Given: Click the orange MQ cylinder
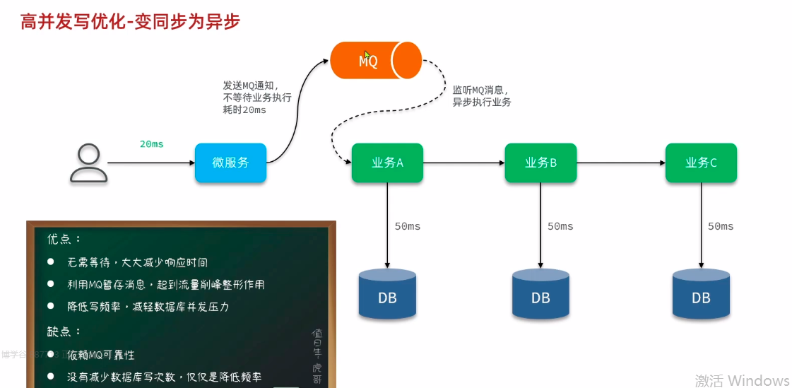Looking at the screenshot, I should click(375, 60).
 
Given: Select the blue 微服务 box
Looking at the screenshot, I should click(230, 163).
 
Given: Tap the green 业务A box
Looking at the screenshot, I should click(387, 163).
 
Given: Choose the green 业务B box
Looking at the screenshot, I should click(540, 163).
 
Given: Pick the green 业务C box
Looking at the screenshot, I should click(701, 163).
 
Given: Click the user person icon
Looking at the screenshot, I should click(89, 163).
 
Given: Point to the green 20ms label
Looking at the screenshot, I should click(151, 144).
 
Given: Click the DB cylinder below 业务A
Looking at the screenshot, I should click(387, 294).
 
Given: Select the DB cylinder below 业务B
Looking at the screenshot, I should click(540, 294).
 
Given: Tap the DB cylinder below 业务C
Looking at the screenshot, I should click(701, 294).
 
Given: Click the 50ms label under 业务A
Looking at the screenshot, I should click(408, 226).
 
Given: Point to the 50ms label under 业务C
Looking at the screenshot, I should click(721, 226).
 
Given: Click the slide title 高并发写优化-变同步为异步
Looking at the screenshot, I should click(131, 22).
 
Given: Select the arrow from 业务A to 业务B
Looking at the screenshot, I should click(463, 163).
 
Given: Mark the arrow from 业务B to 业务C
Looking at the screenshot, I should click(620, 163).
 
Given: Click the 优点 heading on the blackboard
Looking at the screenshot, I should click(64, 239).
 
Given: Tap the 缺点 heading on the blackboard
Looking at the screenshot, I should click(64, 331).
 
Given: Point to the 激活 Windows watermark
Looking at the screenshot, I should click(742, 380).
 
